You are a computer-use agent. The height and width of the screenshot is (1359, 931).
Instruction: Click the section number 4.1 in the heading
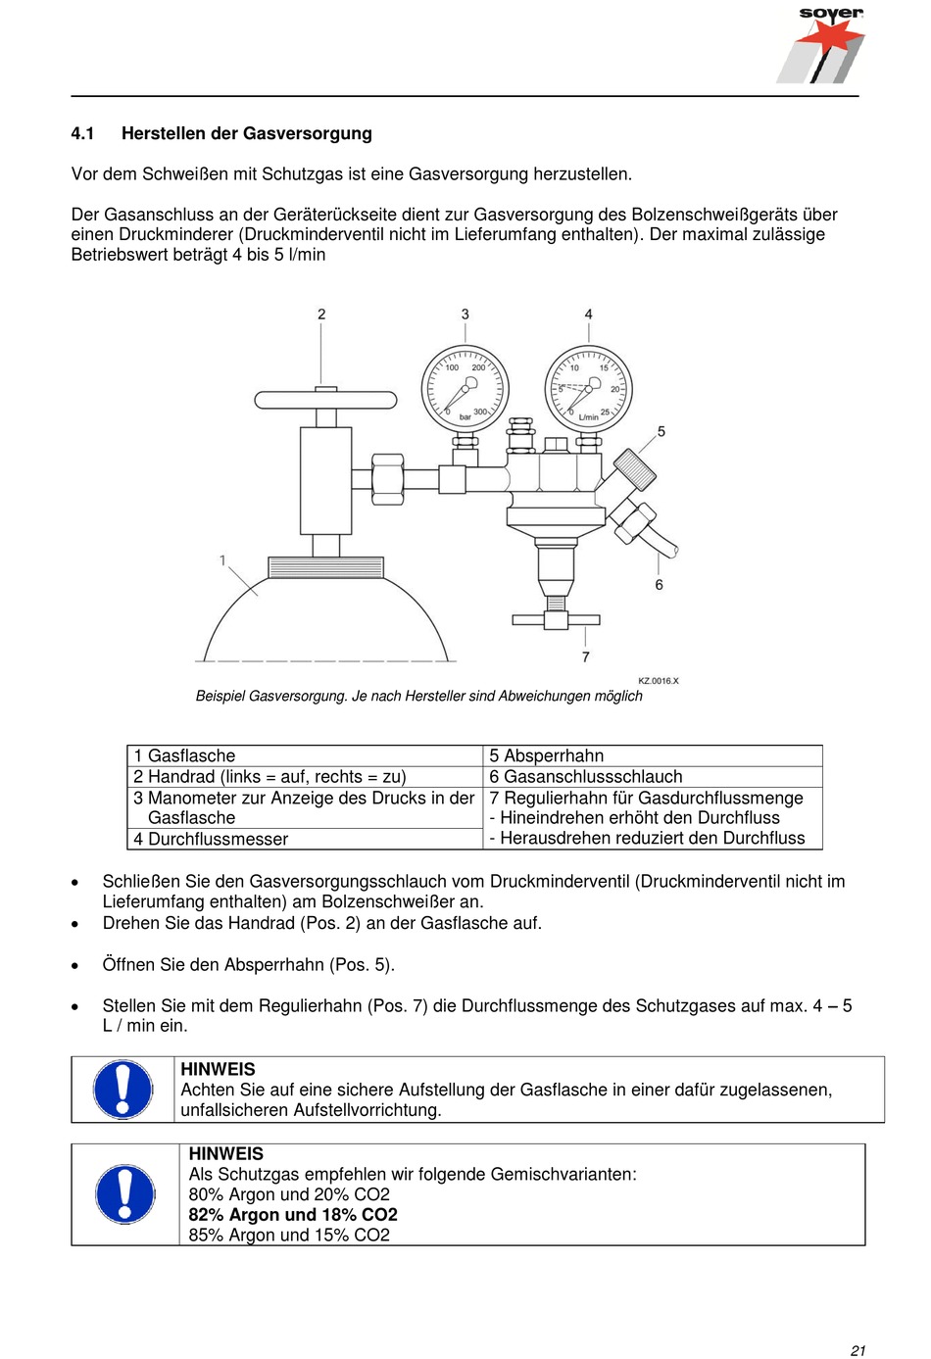[x=82, y=133]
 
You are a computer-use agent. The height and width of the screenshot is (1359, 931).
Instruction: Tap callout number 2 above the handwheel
[x=321, y=315]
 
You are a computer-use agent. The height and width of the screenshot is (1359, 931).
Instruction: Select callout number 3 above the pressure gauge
[x=465, y=315]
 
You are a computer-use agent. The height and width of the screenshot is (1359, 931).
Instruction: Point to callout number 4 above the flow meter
[x=588, y=315]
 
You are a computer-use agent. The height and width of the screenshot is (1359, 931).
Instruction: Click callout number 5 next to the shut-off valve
[x=661, y=431]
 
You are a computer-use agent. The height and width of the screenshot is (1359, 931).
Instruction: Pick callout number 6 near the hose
[x=659, y=585]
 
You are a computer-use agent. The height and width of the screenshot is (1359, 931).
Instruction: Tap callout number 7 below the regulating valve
[x=586, y=656]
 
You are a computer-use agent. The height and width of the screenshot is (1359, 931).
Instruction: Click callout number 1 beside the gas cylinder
[x=222, y=560]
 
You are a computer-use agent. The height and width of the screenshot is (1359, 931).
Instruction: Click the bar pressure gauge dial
[x=465, y=390]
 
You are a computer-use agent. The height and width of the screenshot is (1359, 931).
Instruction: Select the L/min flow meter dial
[x=589, y=390]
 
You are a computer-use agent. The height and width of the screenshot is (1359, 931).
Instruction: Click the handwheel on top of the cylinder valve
[x=325, y=399]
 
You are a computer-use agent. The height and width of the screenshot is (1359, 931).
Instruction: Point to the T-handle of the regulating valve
[x=556, y=619]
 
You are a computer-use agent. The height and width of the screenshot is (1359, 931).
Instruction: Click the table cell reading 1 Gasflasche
[x=185, y=755]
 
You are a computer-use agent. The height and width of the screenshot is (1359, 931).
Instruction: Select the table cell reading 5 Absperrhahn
[x=547, y=755]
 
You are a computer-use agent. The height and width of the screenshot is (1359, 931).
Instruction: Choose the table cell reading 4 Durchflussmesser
[x=212, y=839]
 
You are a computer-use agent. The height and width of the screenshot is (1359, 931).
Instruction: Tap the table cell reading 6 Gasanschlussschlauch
[x=586, y=776]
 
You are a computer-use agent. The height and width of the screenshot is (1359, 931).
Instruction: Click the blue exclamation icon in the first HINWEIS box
[x=122, y=1090]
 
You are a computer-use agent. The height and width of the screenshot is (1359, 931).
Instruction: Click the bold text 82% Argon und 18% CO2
[x=293, y=1215]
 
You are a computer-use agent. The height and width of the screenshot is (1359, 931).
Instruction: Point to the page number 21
[x=857, y=1350]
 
